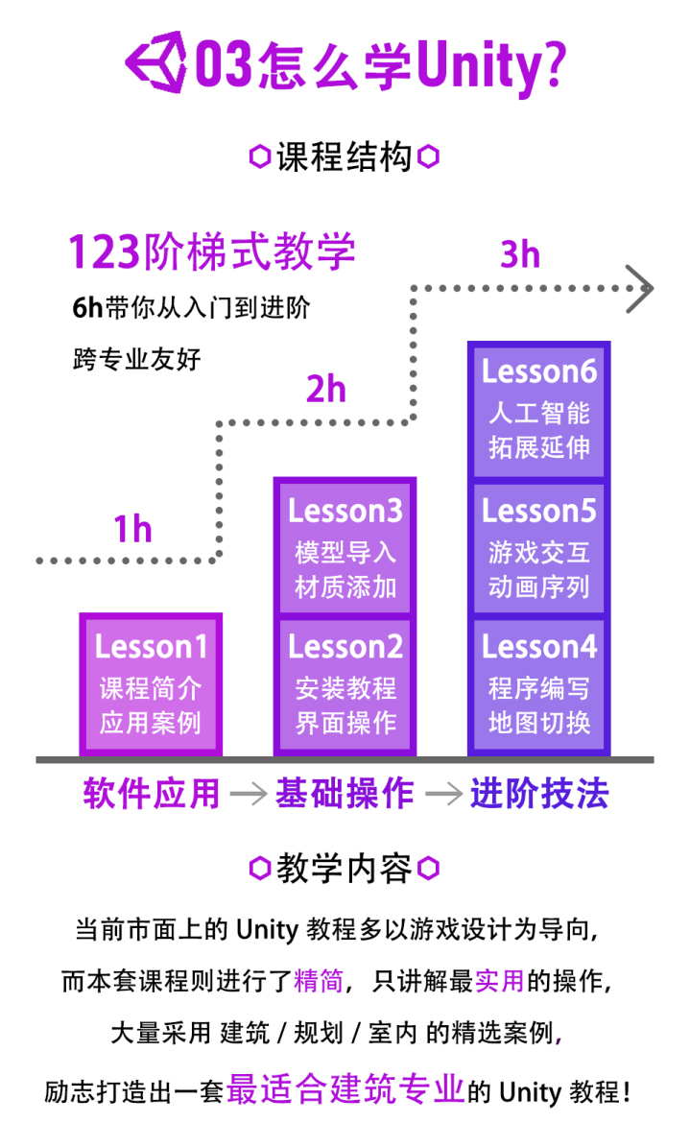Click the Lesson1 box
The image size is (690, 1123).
click(151, 684)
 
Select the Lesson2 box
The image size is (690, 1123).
click(345, 684)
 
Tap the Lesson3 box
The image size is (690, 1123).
click(345, 546)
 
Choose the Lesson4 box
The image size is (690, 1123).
click(539, 684)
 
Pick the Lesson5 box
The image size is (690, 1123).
click(539, 548)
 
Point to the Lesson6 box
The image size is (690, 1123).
click(539, 411)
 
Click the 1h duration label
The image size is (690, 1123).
click(133, 529)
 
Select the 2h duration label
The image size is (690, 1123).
click(326, 389)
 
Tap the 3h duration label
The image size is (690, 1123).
click(520, 254)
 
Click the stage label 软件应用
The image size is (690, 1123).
click(151, 794)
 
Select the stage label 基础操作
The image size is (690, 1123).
click(345, 794)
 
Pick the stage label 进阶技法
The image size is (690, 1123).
click(539, 794)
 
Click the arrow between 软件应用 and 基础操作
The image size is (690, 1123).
click(249, 794)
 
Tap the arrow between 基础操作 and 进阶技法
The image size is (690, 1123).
click(443, 794)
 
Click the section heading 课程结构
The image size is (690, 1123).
click(345, 156)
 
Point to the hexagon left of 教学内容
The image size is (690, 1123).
click(259, 868)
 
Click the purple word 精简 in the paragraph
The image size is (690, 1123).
click(320, 981)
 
